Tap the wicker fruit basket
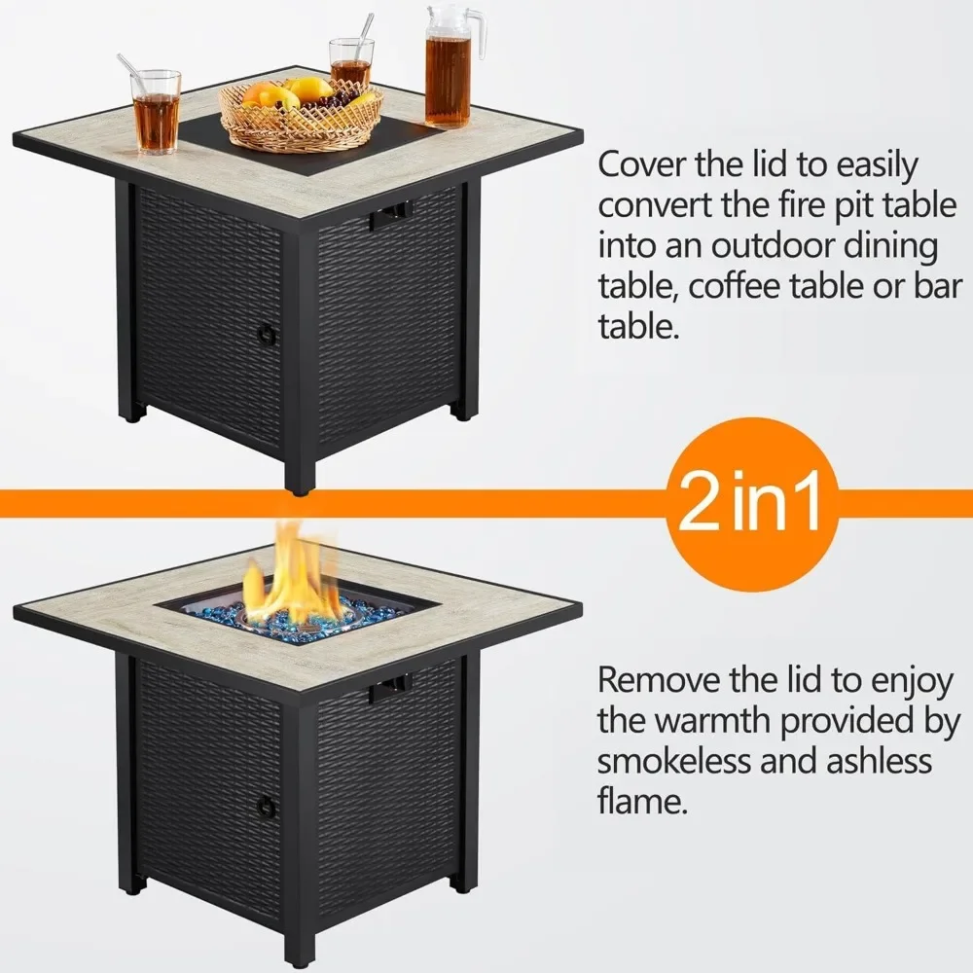[x=300, y=117]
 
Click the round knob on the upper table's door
[x=264, y=334]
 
